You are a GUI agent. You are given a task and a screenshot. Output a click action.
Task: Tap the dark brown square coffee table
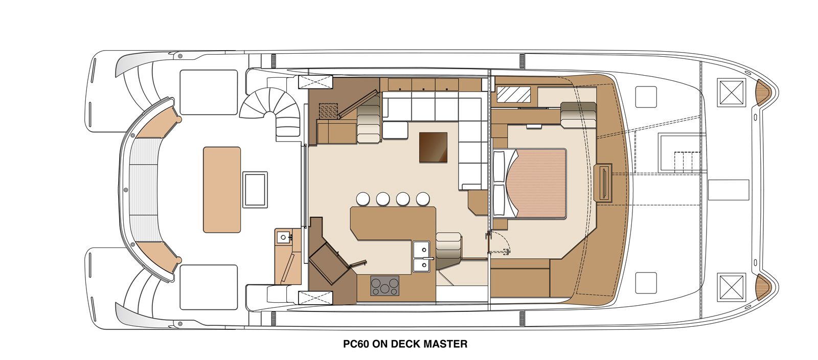(433, 147)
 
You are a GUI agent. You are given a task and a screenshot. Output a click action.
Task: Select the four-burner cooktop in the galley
(385, 285)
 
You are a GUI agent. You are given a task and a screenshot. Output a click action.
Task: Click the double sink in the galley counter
(424, 256)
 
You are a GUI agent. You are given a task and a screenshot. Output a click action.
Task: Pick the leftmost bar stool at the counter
(363, 199)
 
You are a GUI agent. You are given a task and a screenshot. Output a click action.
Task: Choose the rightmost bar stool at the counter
(423, 199)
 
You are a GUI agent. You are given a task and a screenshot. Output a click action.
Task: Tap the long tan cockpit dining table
(222, 190)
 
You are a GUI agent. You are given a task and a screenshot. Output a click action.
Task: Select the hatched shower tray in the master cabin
(513, 94)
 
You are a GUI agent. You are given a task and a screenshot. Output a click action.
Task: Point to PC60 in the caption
(356, 344)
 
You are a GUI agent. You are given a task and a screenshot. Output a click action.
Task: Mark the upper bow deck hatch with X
(731, 93)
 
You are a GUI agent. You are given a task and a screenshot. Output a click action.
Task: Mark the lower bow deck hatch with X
(731, 287)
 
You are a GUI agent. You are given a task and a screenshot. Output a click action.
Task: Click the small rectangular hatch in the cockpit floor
(255, 190)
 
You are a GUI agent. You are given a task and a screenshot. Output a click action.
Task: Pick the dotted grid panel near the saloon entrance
(329, 111)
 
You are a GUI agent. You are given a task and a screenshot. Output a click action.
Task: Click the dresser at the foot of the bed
(603, 182)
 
